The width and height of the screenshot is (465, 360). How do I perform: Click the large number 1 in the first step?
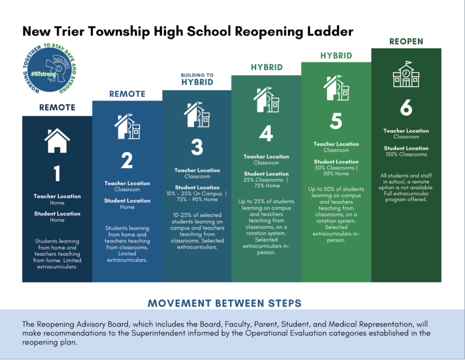click(x=57, y=173)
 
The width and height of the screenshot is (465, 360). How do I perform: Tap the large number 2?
click(x=127, y=160)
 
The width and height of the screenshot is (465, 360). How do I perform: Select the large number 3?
click(x=197, y=147)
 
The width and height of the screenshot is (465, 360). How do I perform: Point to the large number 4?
click(x=266, y=133)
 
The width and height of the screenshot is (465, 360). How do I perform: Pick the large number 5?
click(x=336, y=121)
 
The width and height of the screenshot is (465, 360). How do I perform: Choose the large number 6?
click(x=406, y=107)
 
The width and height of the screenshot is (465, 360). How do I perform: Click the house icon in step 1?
click(x=57, y=141)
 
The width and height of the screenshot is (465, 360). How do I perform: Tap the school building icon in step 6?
click(x=406, y=74)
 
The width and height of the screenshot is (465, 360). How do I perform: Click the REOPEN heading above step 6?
click(x=406, y=41)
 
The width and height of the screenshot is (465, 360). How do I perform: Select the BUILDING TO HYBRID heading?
click(x=197, y=79)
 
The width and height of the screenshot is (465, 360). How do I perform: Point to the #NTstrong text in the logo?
click(x=44, y=74)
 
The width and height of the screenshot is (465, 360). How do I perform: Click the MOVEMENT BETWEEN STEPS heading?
click(x=224, y=303)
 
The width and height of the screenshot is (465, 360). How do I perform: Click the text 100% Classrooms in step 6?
click(x=406, y=154)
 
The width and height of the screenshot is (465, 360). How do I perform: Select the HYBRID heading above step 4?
click(x=267, y=67)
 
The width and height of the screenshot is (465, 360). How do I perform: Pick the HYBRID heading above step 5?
click(x=336, y=56)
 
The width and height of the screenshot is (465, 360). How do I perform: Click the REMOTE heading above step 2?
click(x=127, y=94)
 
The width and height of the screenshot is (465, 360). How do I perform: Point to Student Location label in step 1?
click(x=57, y=213)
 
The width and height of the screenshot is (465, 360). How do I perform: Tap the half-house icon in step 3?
click(x=197, y=114)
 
